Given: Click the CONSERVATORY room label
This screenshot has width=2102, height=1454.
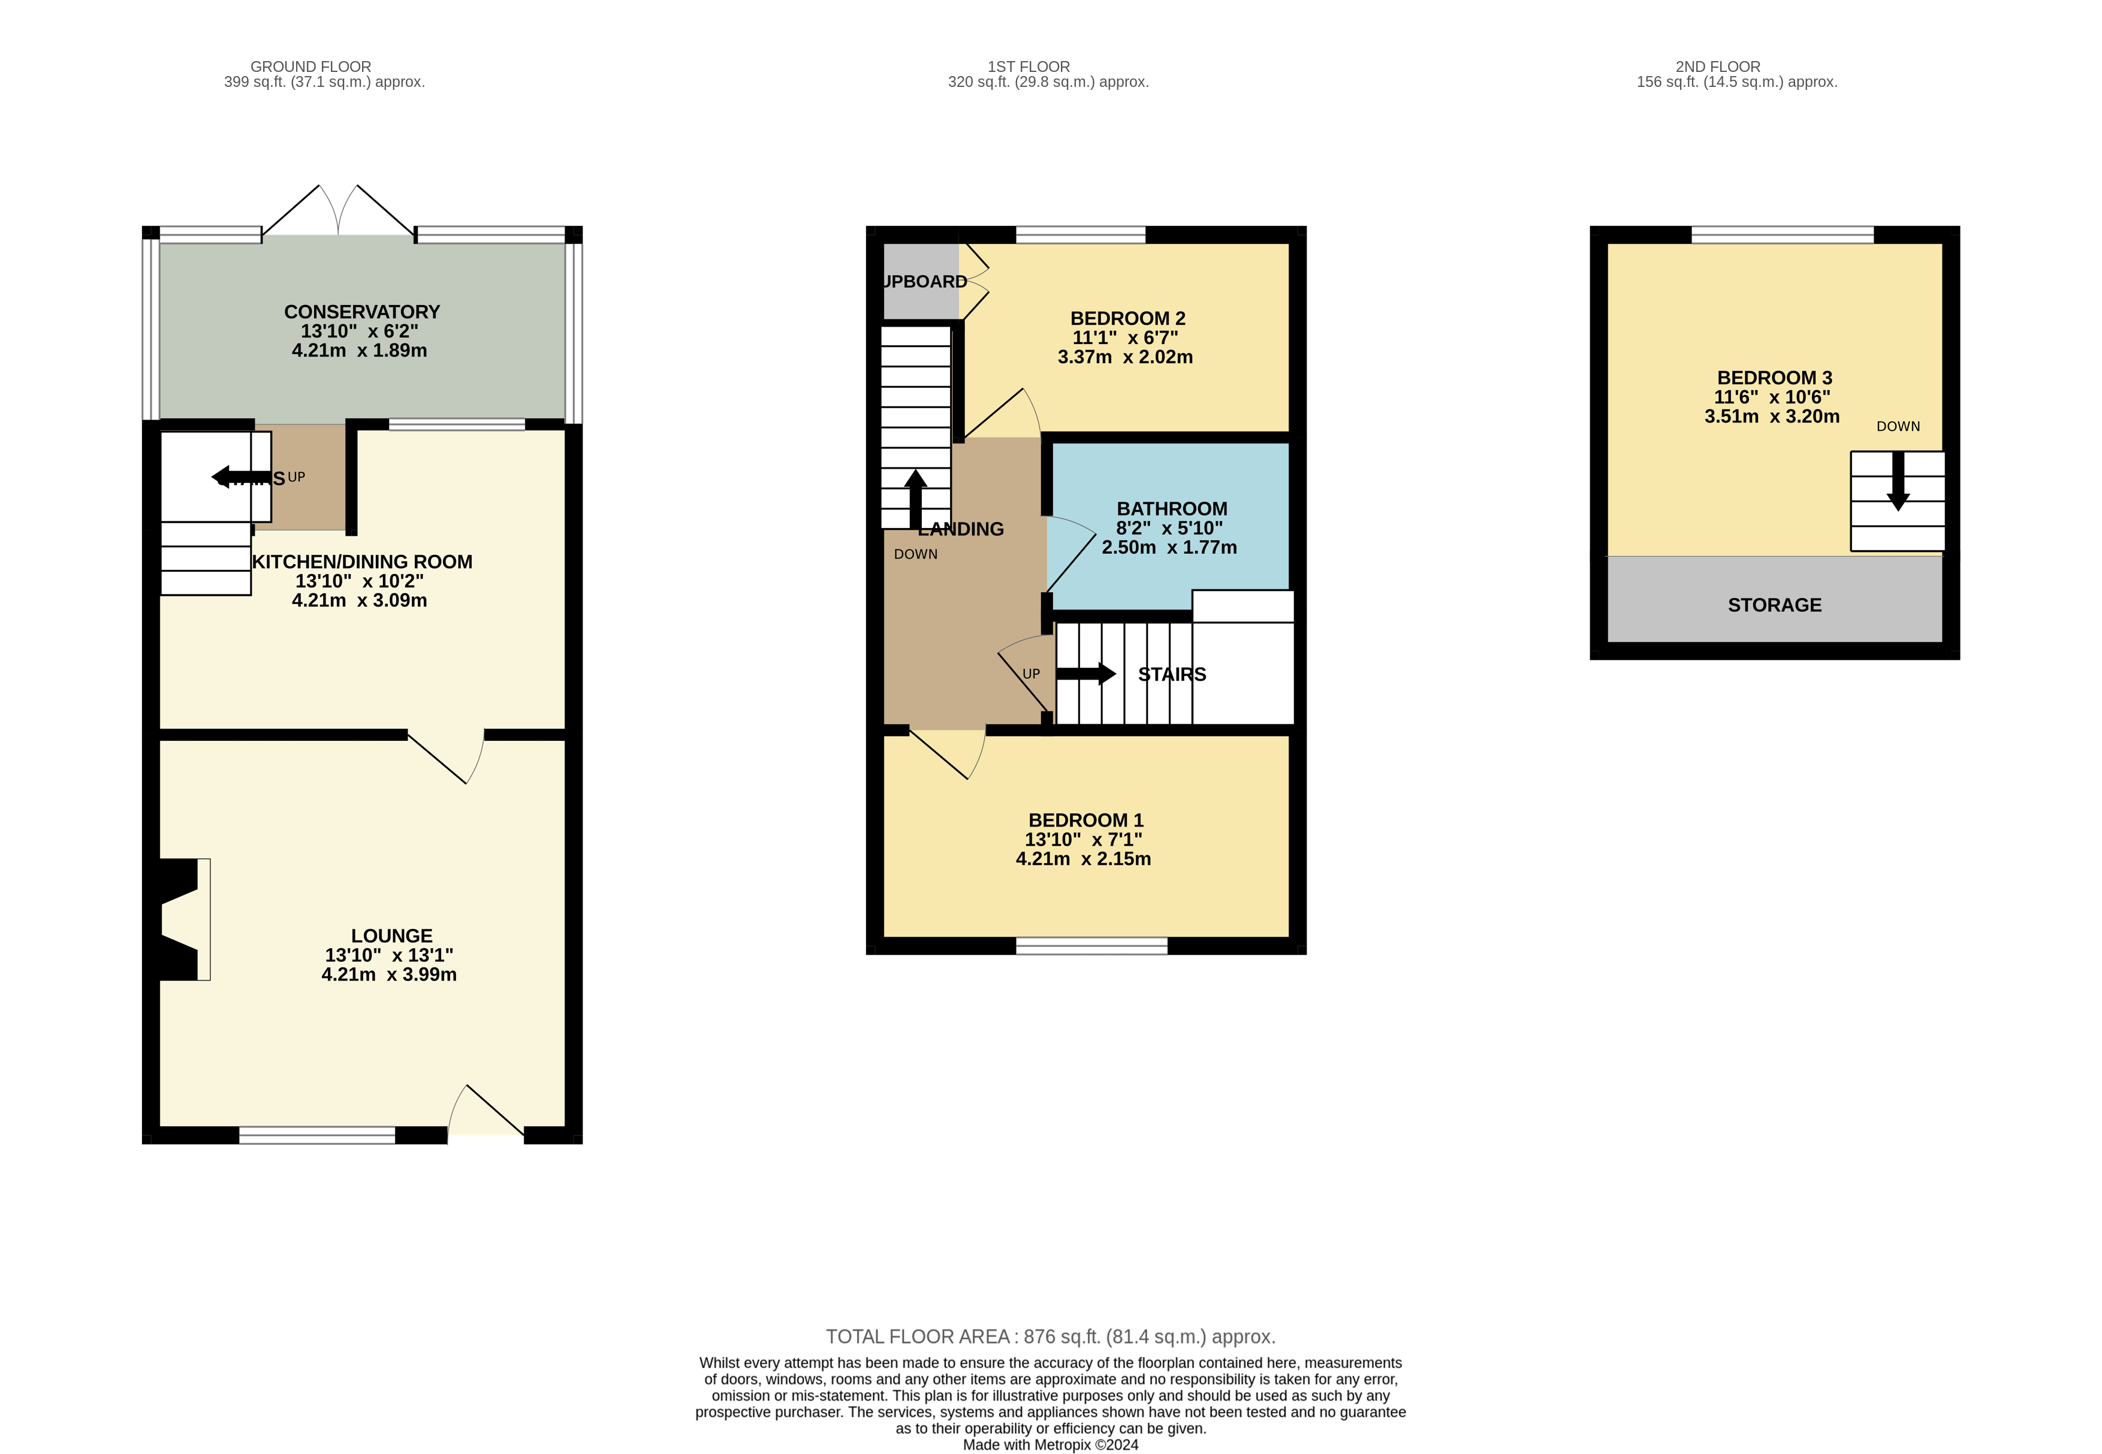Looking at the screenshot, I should [362, 312].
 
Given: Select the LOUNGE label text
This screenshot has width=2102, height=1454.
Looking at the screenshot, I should [392, 936].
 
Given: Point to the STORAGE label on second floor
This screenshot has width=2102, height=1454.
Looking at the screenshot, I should [1774, 605].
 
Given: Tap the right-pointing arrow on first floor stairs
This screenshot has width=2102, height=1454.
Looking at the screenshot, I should [1086, 674].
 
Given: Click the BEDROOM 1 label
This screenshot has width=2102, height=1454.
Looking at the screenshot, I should [1085, 820].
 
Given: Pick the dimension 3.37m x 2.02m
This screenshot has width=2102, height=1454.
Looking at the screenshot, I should [1124, 357].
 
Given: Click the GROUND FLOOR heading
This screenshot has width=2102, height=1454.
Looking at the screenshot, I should [310, 67].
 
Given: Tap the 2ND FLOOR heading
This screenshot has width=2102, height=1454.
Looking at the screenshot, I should [1717, 67].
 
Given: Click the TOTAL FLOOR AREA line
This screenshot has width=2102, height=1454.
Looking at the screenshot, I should [1050, 1337].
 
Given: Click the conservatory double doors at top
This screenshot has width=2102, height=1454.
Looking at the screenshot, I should [338, 212].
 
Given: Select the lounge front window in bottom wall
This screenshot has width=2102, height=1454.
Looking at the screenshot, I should [317, 1135].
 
